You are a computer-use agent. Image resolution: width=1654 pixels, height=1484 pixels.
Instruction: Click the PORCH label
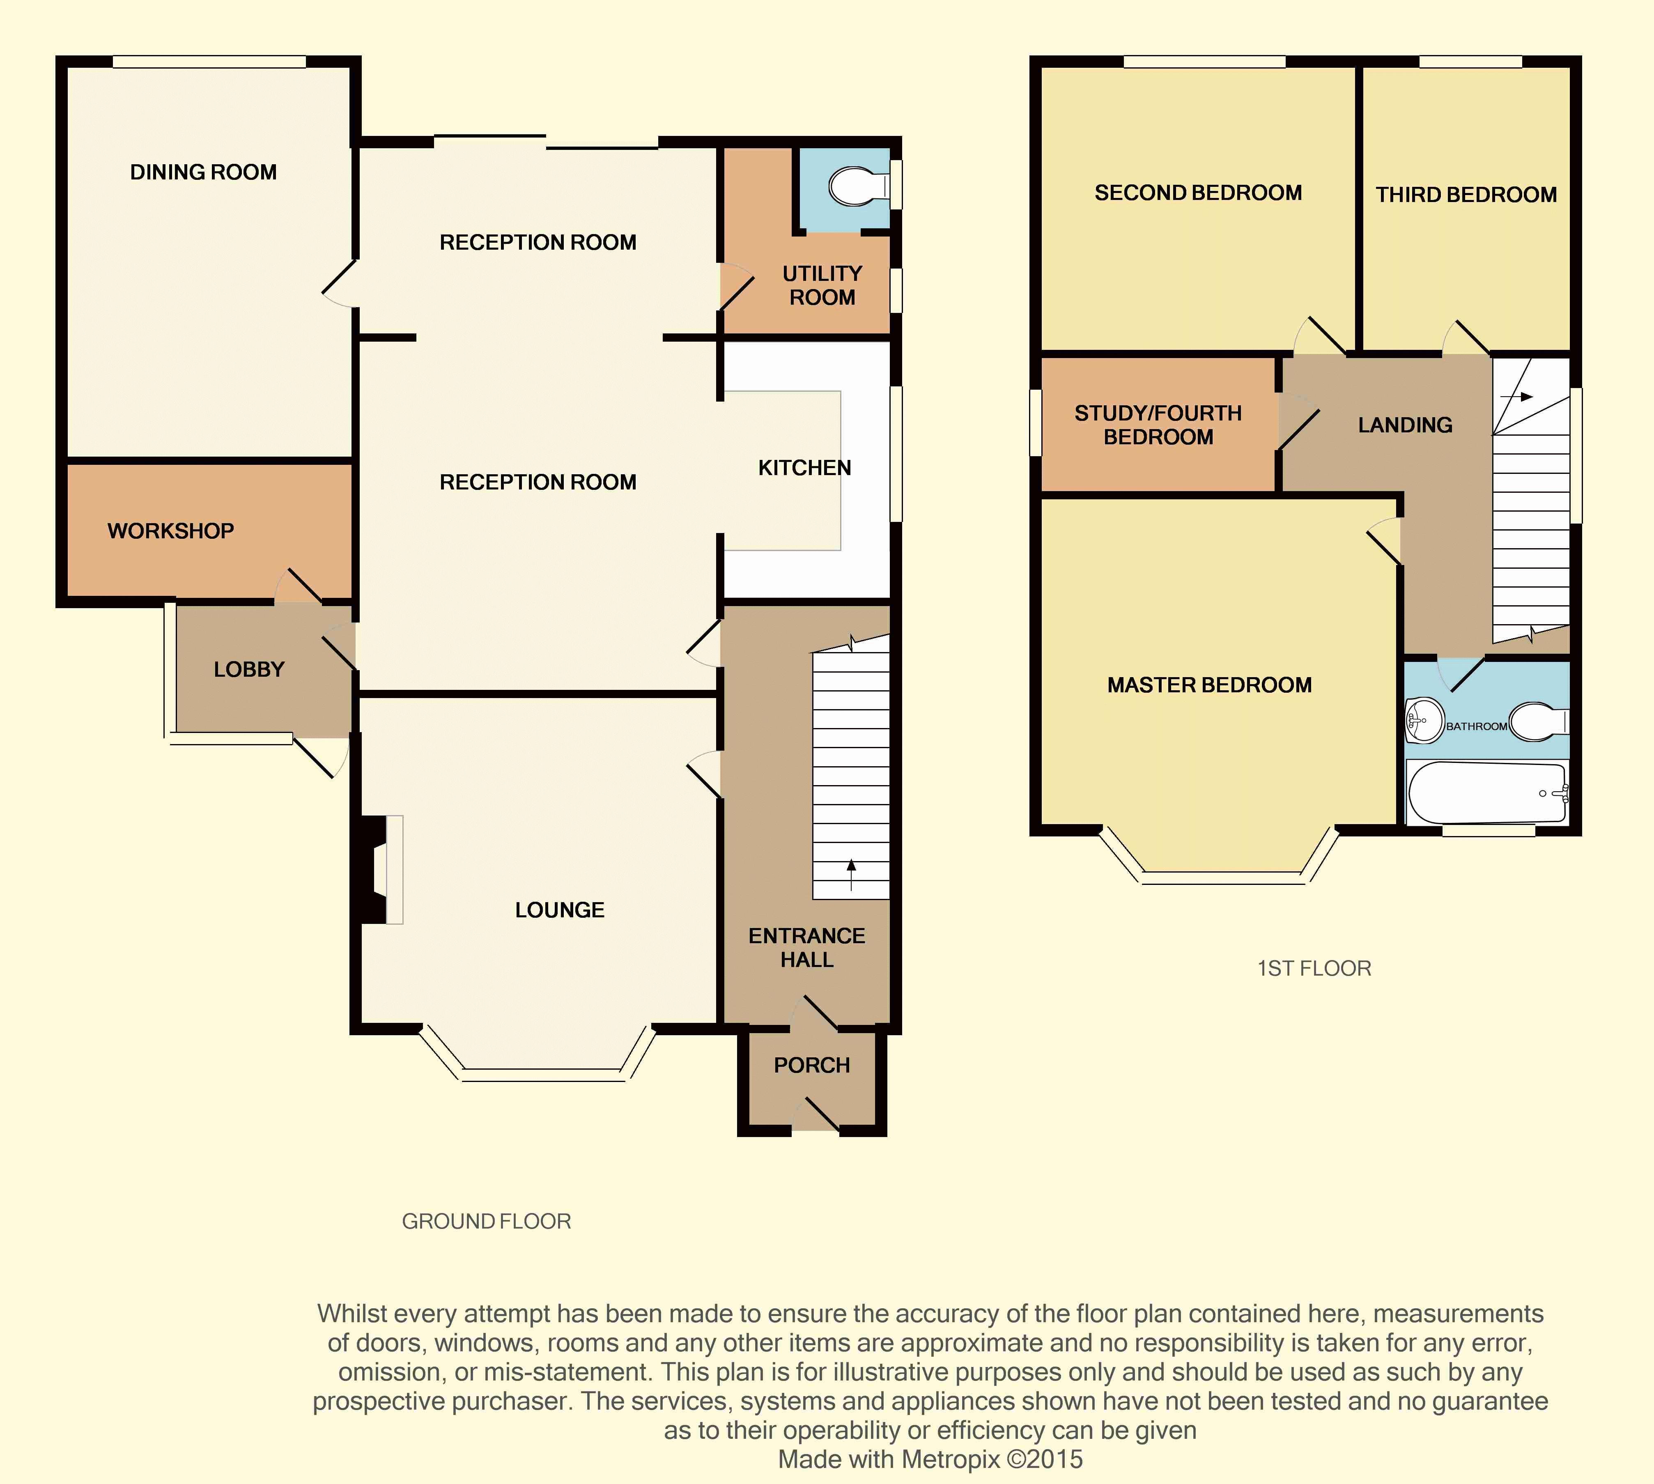pyautogui.click(x=812, y=1065)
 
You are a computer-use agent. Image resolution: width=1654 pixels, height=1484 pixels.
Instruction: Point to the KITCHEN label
pyautogui.click(x=804, y=467)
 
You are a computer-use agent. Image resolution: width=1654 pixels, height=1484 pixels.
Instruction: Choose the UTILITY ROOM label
pyautogui.click(x=822, y=285)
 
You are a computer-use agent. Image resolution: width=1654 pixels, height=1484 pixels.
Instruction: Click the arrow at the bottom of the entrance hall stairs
pyautogui.click(x=852, y=874)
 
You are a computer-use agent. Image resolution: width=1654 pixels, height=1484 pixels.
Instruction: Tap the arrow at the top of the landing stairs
pyautogui.click(x=1516, y=397)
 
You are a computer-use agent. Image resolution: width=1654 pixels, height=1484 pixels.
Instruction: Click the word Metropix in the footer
pyautogui.click(x=950, y=1459)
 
